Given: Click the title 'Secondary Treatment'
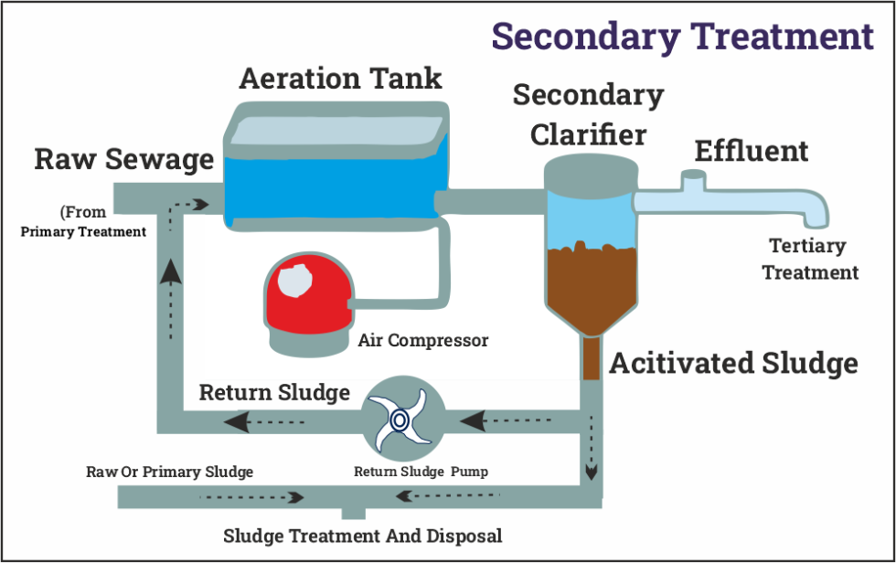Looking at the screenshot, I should point(682,37).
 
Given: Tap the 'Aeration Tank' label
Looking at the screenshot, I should point(340,79).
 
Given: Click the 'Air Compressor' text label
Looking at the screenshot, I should point(423,341).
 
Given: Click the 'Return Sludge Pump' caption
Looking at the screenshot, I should point(421,473).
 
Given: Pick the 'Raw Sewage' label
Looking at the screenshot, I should point(123,159).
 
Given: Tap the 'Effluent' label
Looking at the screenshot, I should point(752,151).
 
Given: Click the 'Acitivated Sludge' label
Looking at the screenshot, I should point(733,364).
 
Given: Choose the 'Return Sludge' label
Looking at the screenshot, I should point(274,393).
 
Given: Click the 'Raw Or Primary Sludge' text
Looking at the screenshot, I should point(169,473).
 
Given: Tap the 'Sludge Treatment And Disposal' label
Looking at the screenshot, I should point(362,536).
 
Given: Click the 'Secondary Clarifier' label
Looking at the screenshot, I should point(588,114).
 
